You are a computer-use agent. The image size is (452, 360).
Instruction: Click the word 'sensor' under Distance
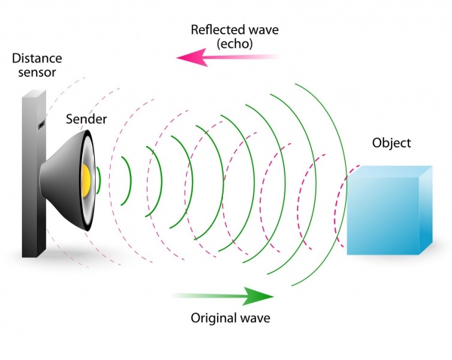click(x=29, y=72)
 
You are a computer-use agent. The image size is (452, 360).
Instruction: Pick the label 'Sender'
click(x=86, y=120)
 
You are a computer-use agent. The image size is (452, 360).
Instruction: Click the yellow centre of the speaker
click(x=86, y=178)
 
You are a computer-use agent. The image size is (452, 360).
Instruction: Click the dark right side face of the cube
click(x=427, y=211)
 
